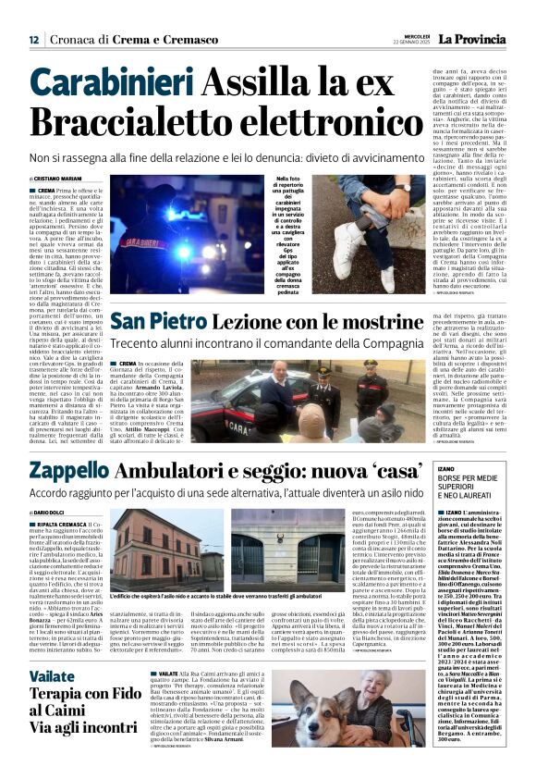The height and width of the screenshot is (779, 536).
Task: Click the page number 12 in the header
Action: (33, 40)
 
